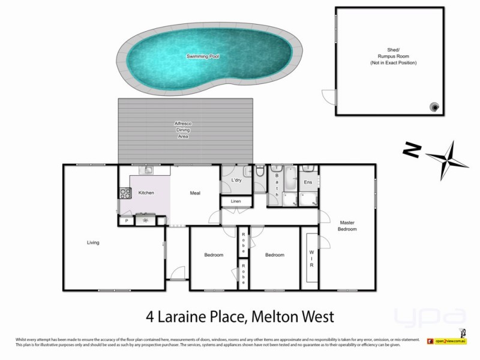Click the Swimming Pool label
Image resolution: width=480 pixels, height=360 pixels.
202,56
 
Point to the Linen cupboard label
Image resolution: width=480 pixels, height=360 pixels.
235,201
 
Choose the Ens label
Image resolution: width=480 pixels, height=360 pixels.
308,182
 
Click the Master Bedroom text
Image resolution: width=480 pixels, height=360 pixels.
347,226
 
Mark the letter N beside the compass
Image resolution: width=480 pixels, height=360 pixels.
410,150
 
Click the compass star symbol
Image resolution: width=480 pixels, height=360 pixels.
447,160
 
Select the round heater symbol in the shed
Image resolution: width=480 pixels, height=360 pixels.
434,107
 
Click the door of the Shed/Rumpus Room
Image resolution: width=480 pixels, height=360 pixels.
329,97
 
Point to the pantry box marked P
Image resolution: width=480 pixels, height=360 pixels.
127,221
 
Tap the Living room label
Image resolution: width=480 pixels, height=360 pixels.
92,242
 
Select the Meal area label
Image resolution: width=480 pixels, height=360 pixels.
195,193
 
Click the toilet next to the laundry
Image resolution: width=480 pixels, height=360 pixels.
259,173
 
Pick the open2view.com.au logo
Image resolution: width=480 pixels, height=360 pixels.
447,341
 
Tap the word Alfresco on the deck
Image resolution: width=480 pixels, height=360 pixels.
182,124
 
